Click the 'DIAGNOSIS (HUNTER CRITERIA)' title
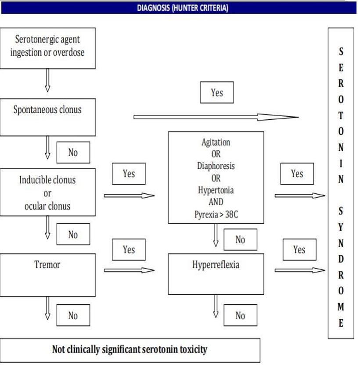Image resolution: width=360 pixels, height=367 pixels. [x=183, y=8]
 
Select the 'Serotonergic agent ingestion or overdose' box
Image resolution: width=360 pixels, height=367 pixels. [x=47, y=48]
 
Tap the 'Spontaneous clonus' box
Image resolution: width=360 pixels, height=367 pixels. [x=47, y=117]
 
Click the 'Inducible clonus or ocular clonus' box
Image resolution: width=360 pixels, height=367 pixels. [x=47, y=192]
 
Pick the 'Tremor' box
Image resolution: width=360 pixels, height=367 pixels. [x=47, y=274]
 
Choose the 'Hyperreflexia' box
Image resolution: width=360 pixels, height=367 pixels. [x=216, y=273]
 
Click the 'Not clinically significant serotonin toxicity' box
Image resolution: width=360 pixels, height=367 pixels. [x=130, y=349]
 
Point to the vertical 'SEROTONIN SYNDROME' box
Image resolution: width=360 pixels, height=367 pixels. [x=341, y=183]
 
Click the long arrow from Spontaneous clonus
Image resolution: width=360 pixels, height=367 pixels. [x=216, y=117]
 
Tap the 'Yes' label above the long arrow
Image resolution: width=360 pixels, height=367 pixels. [x=217, y=93]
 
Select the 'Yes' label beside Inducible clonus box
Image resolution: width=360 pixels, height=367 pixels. [x=129, y=174]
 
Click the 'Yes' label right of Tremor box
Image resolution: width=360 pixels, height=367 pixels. [x=129, y=249]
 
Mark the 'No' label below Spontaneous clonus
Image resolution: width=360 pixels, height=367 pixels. [x=73, y=153]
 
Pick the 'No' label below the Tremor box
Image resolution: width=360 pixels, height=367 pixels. [x=73, y=315]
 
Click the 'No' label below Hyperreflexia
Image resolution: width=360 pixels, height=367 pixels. [x=240, y=315]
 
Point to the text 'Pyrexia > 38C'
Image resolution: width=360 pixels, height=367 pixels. [x=216, y=215]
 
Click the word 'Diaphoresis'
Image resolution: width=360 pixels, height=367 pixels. [x=216, y=166]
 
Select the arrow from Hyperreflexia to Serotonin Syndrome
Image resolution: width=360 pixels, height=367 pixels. [x=300, y=270]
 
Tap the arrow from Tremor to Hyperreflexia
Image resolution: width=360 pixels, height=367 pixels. [x=130, y=270]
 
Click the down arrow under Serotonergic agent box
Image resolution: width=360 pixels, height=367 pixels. [x=47, y=80]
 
